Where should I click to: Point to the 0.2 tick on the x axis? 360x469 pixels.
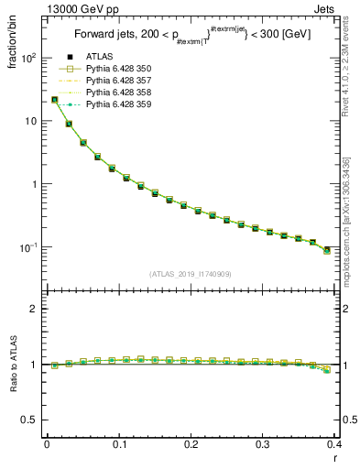coord(191,444)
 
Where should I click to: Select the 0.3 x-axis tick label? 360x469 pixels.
coord(263,444)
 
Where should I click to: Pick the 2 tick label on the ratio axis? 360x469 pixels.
coord(34,309)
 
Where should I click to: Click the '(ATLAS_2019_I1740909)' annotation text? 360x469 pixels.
coord(191,274)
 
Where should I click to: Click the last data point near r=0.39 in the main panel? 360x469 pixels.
coord(327,249)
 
